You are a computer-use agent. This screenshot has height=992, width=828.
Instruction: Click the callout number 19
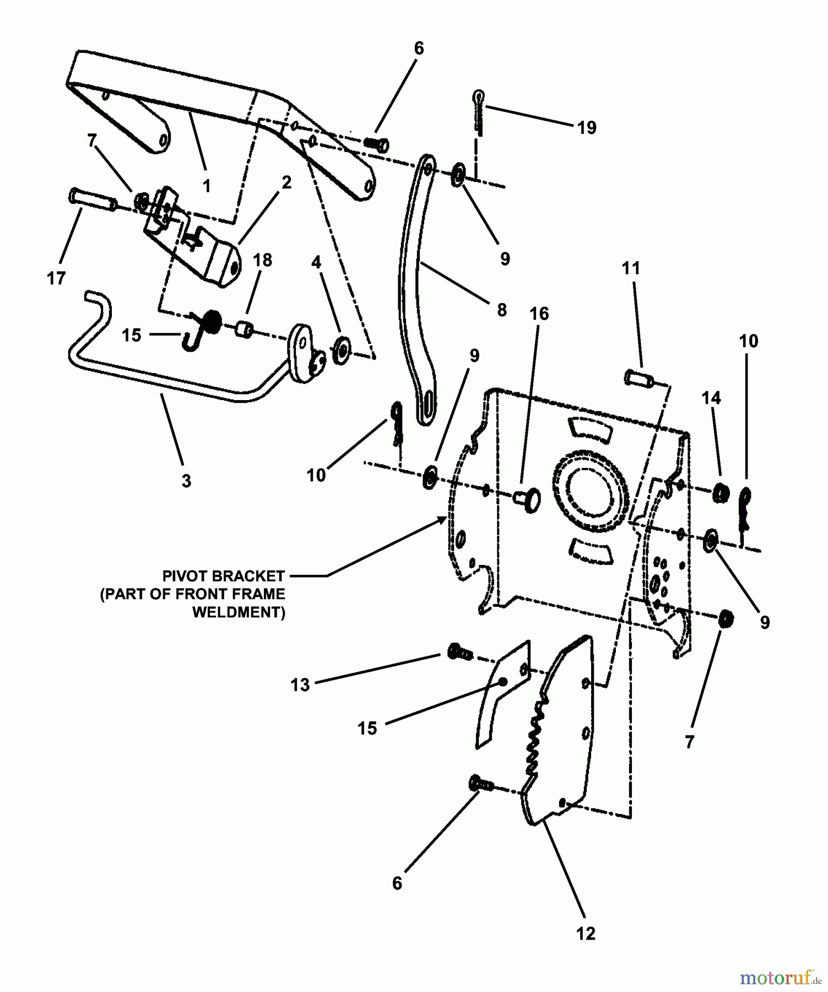[x=587, y=128]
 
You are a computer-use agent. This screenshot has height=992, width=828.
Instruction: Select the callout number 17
[x=56, y=278]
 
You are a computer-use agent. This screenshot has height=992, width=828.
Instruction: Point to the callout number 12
[x=586, y=933]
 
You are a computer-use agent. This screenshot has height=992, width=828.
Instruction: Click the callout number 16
[x=539, y=314]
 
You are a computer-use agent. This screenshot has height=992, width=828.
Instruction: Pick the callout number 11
[x=631, y=268]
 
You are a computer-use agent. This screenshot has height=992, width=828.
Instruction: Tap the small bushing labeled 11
[x=638, y=379]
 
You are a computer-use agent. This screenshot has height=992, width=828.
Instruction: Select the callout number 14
[x=711, y=398]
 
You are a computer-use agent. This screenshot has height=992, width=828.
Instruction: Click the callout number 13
[x=300, y=685]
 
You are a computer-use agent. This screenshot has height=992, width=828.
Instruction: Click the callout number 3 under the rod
[x=186, y=481]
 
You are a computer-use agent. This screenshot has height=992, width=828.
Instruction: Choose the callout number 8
[x=501, y=310]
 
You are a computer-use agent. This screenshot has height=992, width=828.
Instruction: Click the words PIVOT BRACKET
[x=223, y=576]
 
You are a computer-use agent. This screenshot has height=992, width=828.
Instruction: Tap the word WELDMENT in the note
[x=239, y=612]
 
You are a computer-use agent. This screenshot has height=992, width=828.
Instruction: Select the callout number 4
[x=316, y=262]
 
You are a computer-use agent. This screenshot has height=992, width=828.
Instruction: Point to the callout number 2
[x=286, y=183]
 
